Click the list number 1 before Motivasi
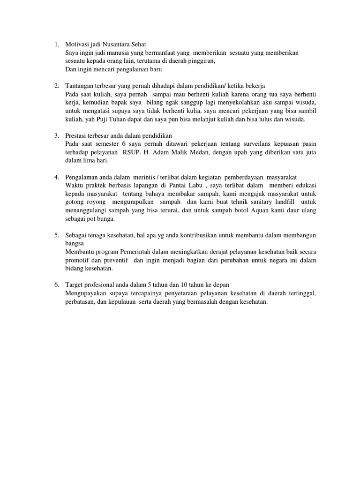click(56, 45)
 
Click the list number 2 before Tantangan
click(56, 86)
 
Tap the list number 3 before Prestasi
click(56, 136)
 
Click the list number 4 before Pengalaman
click(56, 177)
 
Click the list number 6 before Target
click(56, 285)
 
